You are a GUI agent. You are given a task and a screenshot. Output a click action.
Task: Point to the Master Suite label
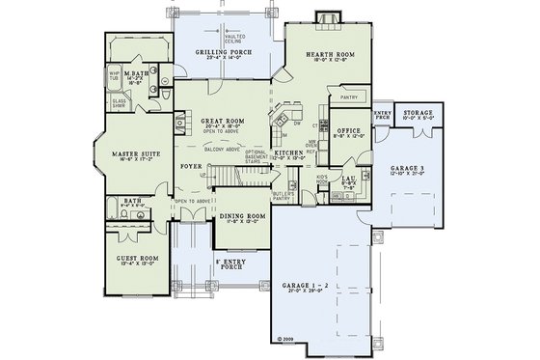(135, 153)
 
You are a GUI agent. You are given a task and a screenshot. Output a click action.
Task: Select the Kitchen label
(288, 153)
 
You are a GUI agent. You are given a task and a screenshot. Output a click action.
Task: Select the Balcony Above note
(222, 151)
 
